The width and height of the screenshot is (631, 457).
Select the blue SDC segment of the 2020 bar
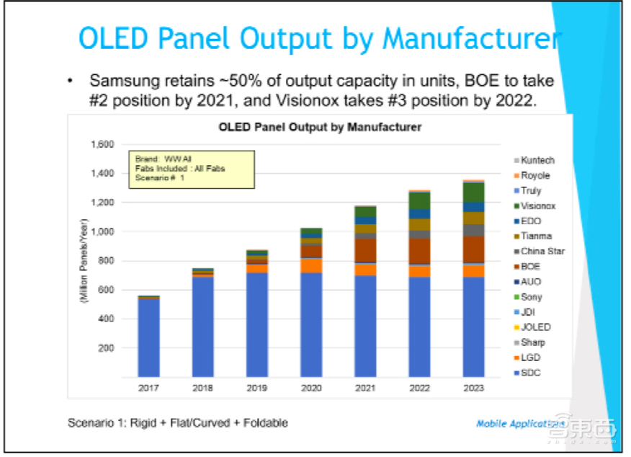[312, 324]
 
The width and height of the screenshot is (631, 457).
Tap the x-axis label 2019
[257, 388]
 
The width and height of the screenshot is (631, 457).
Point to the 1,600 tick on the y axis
[103, 144]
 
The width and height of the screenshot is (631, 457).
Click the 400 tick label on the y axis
[107, 319]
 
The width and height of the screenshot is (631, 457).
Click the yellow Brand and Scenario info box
[191, 169]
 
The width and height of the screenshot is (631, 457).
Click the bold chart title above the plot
[319, 128]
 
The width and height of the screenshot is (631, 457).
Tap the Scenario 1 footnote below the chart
[177, 422]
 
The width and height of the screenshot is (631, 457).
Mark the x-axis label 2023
[473, 388]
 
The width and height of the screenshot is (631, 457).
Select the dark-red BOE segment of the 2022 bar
[419, 251]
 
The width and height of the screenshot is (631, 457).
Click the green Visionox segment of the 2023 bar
[473, 192]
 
